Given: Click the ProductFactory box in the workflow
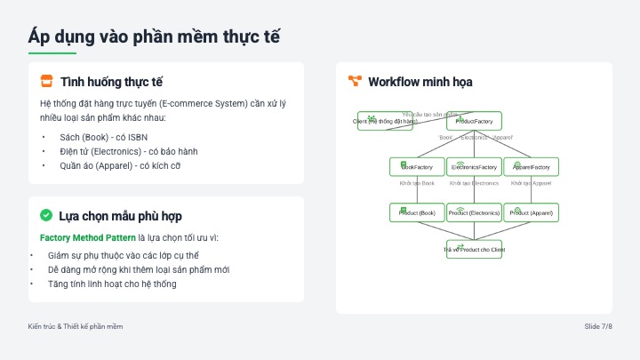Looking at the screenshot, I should (474, 121).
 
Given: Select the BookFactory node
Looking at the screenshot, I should (417, 167).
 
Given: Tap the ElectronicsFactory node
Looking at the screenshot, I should (474, 167).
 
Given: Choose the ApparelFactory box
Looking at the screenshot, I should (531, 167).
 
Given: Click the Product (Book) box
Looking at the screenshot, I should (417, 213).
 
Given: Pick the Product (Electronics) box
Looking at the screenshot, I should (474, 213).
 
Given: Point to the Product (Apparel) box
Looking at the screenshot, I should (531, 213).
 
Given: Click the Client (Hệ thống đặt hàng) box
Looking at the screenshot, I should (385, 121).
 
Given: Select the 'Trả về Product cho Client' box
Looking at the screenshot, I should (474, 250).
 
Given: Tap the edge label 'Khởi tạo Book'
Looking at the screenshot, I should (417, 183).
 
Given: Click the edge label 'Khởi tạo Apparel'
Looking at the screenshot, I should (531, 183).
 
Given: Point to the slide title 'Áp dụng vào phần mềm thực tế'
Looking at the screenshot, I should (156, 36).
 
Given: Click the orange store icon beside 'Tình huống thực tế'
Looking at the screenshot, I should (46, 82).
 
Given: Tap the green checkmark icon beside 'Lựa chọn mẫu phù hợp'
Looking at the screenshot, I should (46, 216).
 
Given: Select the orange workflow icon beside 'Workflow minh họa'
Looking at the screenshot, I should (355, 82).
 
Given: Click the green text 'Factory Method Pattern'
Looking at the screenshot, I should (87, 238).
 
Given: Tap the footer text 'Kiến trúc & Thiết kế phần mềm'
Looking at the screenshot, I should (76, 327).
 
